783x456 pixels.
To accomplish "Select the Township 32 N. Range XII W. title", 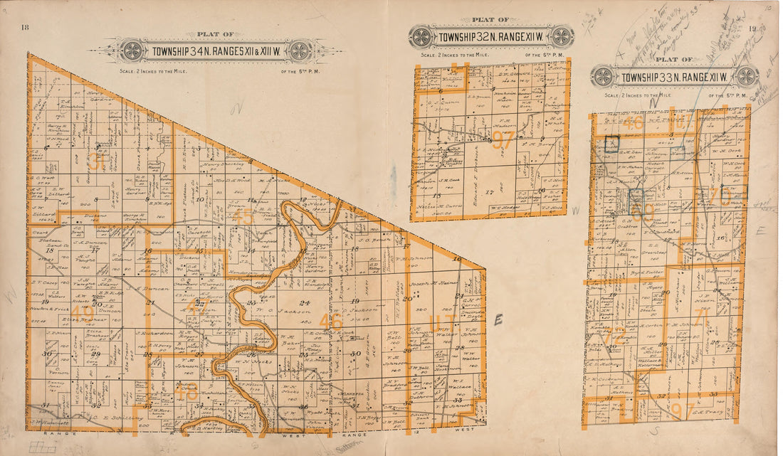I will (x=492, y=36).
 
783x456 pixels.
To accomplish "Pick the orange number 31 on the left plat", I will (x=98, y=162).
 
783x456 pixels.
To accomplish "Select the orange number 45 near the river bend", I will (x=243, y=216).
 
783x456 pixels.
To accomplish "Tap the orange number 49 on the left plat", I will (x=83, y=314).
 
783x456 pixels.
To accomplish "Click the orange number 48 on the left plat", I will (x=186, y=391).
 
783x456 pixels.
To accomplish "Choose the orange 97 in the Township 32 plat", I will (x=503, y=140).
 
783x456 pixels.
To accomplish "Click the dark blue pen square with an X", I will (x=610, y=144).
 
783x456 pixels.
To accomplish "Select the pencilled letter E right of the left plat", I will (x=498, y=321).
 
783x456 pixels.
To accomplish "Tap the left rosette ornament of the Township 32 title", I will (x=421, y=36).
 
